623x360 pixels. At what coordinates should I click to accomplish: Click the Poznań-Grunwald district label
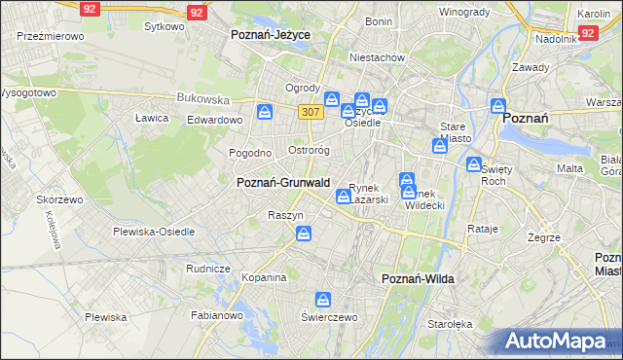coord(283,182)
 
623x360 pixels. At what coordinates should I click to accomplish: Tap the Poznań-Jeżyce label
coord(270,34)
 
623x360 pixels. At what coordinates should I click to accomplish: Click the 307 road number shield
coord(311,112)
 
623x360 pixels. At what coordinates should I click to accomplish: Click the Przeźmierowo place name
coord(51,35)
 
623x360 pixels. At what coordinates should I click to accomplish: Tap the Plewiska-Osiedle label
coord(154,232)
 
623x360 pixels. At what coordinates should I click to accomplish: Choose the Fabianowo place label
coord(216,314)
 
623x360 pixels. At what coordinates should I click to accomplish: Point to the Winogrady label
coord(463,12)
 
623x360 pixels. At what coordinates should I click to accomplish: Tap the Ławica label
coord(152,118)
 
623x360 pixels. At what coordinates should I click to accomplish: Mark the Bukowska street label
coord(202,98)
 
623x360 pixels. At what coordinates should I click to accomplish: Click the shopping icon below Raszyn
coord(305,234)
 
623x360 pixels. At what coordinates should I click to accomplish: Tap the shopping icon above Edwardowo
coord(265,113)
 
